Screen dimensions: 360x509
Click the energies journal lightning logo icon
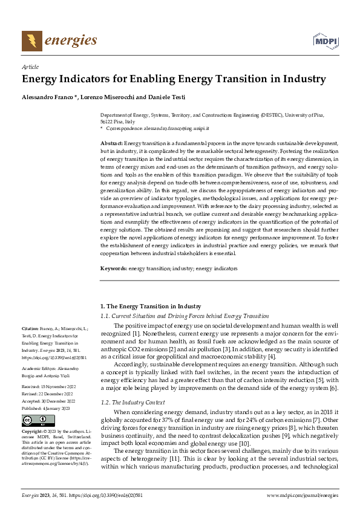(x=31, y=41)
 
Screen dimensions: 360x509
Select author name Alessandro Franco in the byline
(x=45, y=97)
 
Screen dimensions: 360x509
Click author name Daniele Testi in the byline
(x=169, y=97)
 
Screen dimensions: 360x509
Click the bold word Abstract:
(x=111, y=142)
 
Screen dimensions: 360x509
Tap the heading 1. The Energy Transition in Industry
(x=149, y=306)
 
